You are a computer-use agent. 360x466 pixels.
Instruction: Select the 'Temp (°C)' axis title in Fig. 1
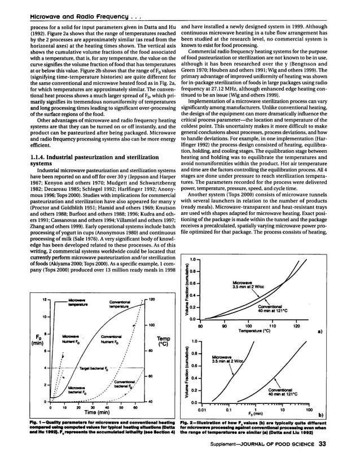point(163,342)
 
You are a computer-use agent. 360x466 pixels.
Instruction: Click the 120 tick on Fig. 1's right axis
point(152,299)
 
